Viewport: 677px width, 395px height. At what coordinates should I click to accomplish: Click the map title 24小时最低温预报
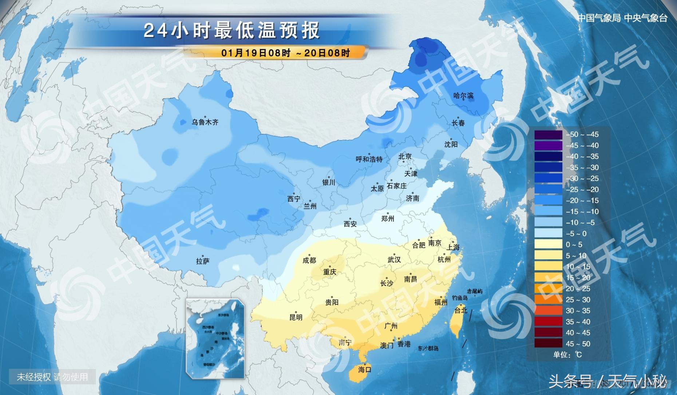(232, 30)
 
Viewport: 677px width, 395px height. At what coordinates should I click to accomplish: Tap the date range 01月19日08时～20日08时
(285, 53)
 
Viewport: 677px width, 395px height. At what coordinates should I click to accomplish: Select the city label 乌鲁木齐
(205, 122)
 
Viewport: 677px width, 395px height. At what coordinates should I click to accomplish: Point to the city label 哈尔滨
(463, 96)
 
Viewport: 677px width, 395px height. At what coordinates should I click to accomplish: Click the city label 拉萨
(203, 261)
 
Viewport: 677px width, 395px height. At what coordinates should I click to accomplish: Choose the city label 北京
(405, 157)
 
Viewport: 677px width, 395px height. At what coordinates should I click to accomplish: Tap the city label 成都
(309, 260)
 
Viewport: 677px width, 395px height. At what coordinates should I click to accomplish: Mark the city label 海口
(364, 370)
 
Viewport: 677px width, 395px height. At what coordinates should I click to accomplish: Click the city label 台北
(461, 310)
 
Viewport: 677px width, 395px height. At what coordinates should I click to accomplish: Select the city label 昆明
(296, 317)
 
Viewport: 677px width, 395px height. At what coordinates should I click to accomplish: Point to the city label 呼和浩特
(369, 159)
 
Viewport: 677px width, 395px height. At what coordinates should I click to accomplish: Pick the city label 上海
(453, 247)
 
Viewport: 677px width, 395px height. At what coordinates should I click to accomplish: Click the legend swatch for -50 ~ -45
(548, 135)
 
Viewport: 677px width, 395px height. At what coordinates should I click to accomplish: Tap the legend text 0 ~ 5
(574, 245)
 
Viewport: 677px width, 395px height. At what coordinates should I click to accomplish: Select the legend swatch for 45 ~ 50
(548, 344)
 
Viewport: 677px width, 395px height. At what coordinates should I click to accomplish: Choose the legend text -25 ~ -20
(582, 190)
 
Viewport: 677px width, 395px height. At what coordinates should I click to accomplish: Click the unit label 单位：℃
(567, 355)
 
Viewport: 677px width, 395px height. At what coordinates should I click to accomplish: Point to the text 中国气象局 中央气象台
(622, 18)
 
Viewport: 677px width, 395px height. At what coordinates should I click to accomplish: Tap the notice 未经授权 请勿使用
(52, 377)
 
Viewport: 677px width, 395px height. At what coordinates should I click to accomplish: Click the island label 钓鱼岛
(460, 298)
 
